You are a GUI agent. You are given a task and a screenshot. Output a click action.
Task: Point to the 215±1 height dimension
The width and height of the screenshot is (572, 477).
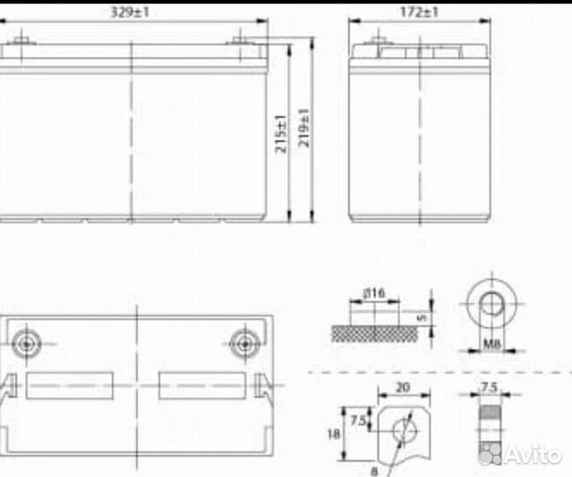[281, 133]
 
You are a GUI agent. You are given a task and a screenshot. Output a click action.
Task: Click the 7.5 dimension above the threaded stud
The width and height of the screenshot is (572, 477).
[488, 387]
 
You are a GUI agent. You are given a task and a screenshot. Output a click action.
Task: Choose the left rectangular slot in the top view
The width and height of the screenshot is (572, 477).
[71, 386]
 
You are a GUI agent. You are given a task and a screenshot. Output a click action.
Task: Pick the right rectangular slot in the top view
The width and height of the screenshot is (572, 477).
[201, 386]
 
